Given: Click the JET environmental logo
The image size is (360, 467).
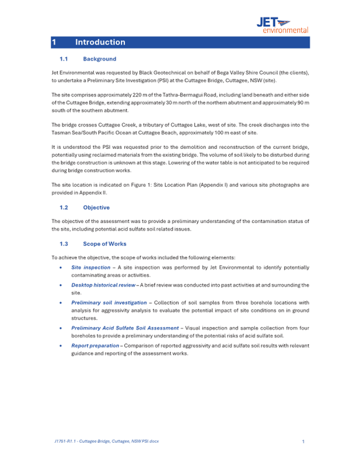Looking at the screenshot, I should (x=283, y=25).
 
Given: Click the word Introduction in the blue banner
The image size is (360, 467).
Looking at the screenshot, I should (x=100, y=42).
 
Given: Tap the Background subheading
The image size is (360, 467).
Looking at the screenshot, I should (x=99, y=59).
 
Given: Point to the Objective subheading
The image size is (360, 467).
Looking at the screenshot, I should (x=97, y=207).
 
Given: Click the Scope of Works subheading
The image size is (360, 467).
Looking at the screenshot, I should (x=105, y=244).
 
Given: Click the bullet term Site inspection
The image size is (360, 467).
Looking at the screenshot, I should (x=91, y=267).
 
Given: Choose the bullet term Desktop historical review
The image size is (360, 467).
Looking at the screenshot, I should (x=103, y=285).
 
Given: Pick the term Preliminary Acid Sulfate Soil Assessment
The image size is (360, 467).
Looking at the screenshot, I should (x=125, y=328).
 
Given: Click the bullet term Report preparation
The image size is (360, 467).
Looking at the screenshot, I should (x=95, y=345).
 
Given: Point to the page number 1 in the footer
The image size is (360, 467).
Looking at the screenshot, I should (x=303, y=441).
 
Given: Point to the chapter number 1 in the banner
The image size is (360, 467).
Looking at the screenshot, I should (x=54, y=42).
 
